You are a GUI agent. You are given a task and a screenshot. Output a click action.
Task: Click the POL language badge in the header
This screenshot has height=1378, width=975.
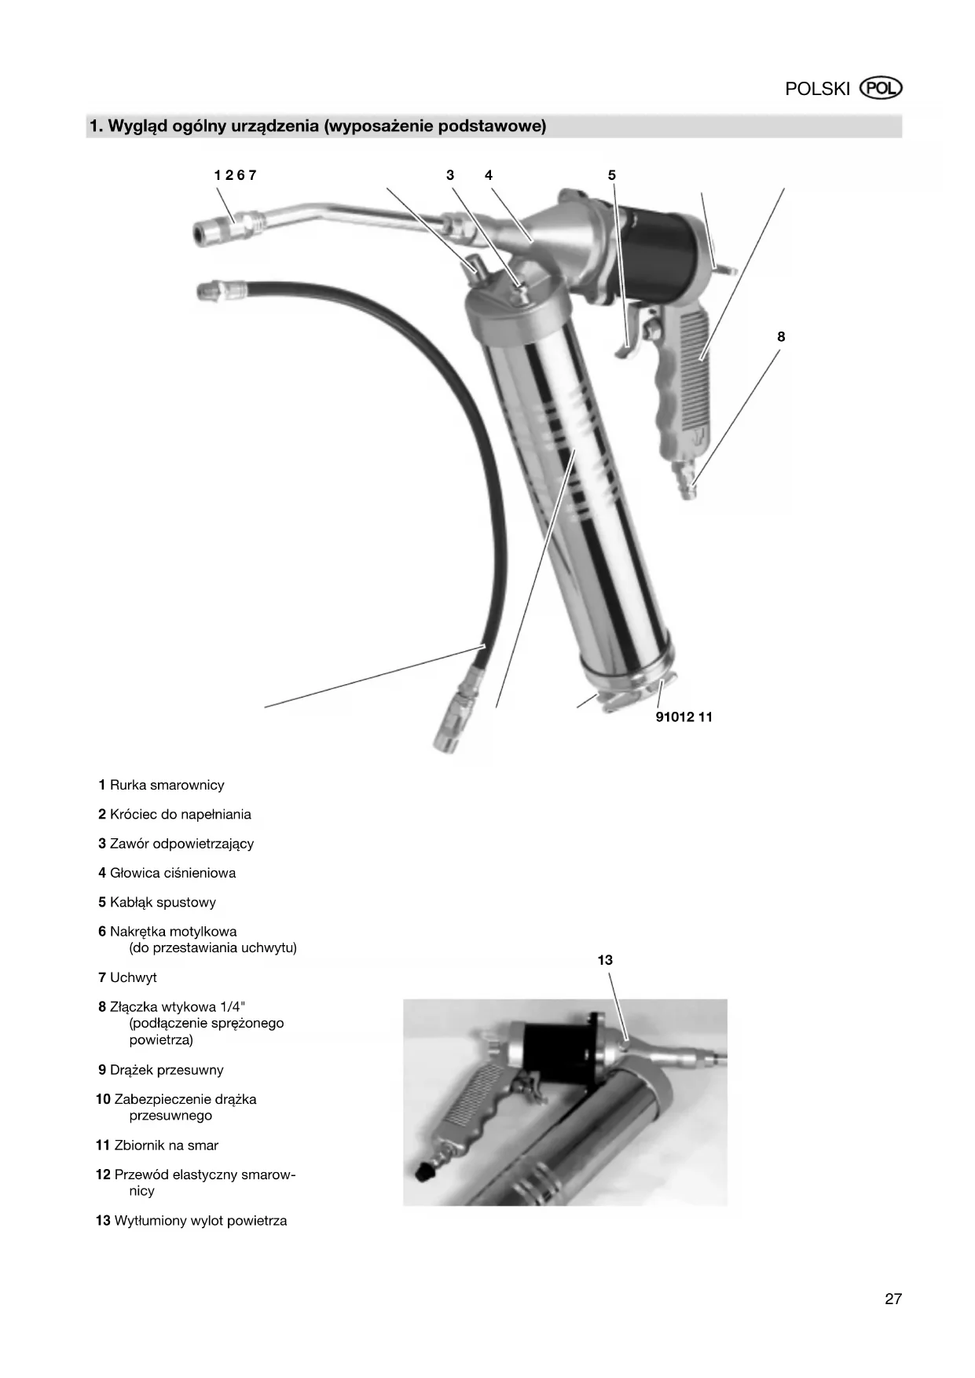coord(882,88)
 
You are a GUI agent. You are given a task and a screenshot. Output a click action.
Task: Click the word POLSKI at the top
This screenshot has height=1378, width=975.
coord(817,89)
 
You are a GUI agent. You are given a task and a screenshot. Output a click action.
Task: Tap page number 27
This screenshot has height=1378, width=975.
coord(893,1299)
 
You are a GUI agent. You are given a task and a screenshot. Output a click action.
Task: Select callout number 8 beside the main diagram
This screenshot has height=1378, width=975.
coord(781,337)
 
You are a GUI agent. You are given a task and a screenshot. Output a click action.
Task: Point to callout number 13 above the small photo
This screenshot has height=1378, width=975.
coord(605,960)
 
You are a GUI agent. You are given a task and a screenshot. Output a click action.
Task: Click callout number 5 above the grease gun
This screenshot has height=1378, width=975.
coord(612,175)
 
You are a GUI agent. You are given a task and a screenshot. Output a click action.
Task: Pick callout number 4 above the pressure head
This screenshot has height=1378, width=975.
coord(489,175)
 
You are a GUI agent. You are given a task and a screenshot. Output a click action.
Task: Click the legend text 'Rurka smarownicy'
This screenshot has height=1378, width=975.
coord(167,785)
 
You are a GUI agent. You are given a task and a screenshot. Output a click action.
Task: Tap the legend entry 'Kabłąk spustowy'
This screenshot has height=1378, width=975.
coord(163,903)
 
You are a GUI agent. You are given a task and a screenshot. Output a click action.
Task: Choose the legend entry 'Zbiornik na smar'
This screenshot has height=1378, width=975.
coord(166,1145)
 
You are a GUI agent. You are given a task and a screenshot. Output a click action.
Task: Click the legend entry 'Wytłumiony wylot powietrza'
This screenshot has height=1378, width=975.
coord(200,1221)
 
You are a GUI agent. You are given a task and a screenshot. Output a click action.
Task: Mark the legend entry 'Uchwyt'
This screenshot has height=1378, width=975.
coord(133,977)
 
